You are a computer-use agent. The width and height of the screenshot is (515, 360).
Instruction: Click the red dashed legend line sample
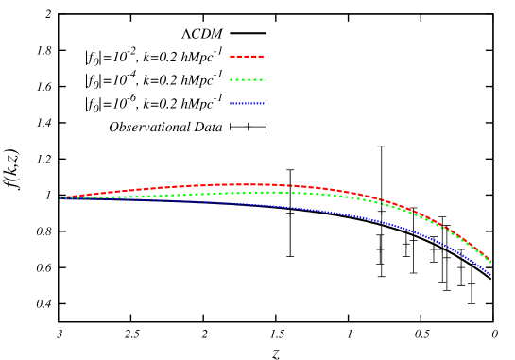click(x=248, y=56)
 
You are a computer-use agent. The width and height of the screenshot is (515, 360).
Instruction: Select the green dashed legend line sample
click(x=248, y=79)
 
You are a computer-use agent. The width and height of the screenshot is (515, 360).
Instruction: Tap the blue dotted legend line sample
click(x=248, y=103)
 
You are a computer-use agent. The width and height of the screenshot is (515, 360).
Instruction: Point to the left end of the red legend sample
click(x=231, y=56)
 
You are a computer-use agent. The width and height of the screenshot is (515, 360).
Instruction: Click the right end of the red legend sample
click(x=266, y=56)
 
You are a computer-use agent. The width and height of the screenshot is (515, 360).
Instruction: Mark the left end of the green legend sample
click(x=231, y=79)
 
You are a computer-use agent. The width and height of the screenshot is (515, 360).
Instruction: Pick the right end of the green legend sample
click(x=266, y=79)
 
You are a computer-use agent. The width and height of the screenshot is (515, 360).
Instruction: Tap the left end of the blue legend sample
click(x=231, y=103)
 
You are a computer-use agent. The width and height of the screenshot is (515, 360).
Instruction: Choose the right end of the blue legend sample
click(x=265, y=103)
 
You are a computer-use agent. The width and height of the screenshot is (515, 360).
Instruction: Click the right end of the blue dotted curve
click(x=490, y=274)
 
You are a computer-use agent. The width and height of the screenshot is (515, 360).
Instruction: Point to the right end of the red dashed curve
click(x=490, y=262)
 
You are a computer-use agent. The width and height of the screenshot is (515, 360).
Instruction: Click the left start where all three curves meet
click(x=61, y=197)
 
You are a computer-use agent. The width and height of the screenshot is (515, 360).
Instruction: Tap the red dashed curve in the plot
click(x=170, y=187)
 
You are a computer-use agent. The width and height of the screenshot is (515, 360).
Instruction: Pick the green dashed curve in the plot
click(x=189, y=195)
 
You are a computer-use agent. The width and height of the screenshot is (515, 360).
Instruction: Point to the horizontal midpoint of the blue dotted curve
click(x=276, y=205)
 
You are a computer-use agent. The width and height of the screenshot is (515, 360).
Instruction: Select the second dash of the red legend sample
click(x=241, y=56)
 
